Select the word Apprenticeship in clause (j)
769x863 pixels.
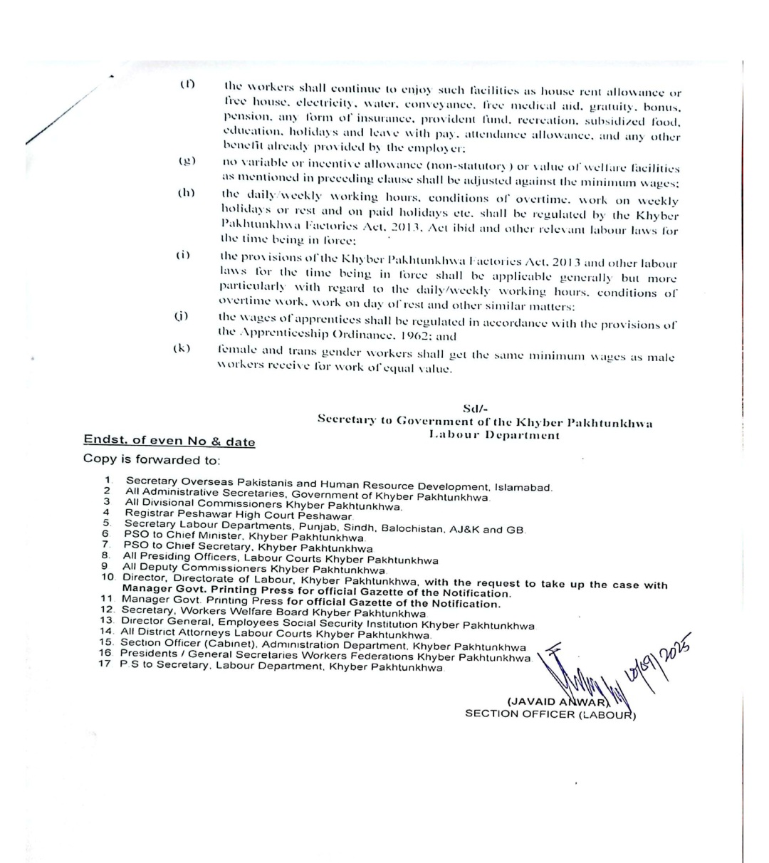click(285, 335)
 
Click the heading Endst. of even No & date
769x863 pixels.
click(169, 441)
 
